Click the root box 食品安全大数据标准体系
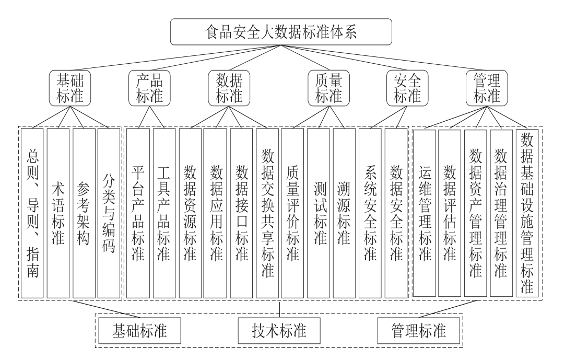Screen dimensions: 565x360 [281, 32]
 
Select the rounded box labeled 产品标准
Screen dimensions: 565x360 [149, 88]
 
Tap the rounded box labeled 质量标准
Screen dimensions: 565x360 [328, 88]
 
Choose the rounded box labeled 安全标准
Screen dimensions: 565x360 [407, 88]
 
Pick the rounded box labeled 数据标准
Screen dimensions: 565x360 [229, 88]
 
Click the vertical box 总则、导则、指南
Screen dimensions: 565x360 [32, 213]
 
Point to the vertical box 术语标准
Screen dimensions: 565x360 [58, 213]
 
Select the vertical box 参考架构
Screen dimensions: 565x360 [84, 213]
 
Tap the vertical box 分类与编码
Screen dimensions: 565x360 [109, 213]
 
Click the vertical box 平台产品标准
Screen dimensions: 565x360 [138, 213]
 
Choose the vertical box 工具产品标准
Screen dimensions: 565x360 [164, 213]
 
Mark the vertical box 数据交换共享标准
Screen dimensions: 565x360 [267, 213]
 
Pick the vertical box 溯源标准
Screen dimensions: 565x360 [344, 213]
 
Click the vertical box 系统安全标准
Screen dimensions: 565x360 [370, 213]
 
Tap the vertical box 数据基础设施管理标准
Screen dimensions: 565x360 [527, 213]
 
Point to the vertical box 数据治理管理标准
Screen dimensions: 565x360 [501, 213]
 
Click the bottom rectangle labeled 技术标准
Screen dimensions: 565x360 [279, 331]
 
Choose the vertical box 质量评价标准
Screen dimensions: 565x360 [292, 213]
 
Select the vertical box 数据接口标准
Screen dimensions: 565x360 [241, 213]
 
